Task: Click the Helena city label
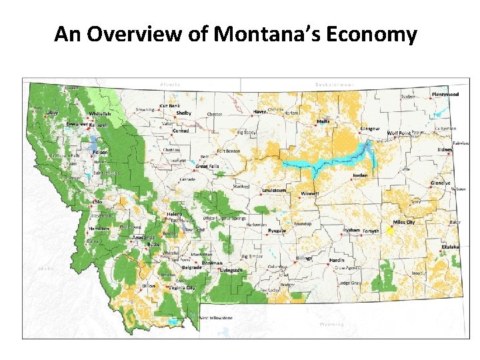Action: click(173, 214)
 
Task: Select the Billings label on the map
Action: click(305, 257)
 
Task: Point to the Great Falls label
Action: click(207, 166)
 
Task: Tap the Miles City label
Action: click(404, 222)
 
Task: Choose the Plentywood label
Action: click(445, 95)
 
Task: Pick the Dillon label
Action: click(149, 286)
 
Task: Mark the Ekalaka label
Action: click(450, 247)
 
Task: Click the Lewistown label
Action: click(274, 190)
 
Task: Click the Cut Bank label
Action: click(169, 105)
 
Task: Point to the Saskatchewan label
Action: click(334, 85)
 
